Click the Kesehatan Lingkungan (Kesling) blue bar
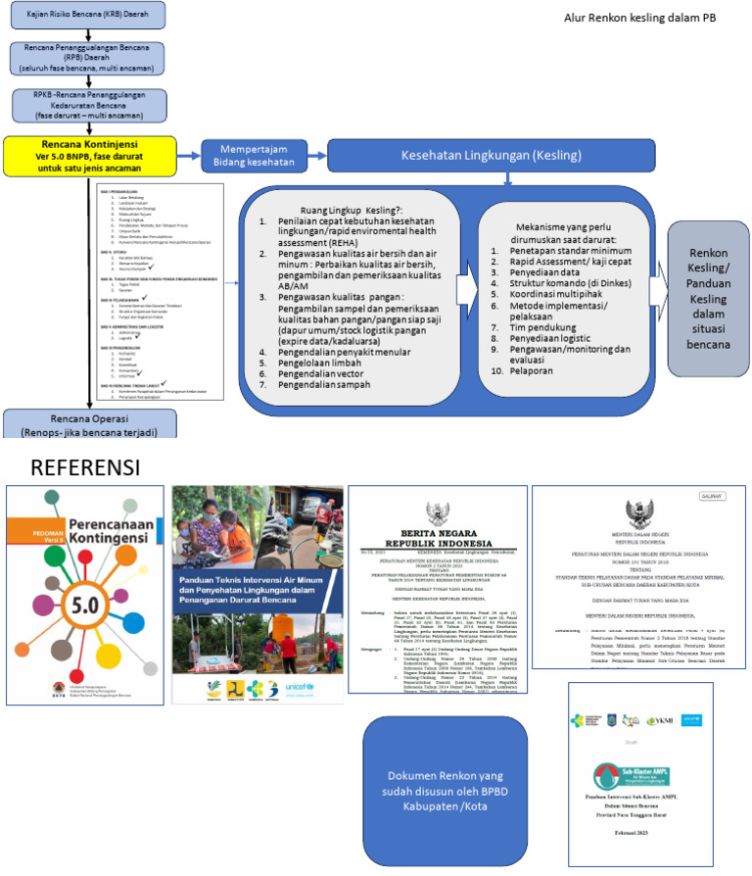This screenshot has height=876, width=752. click(509, 155)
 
